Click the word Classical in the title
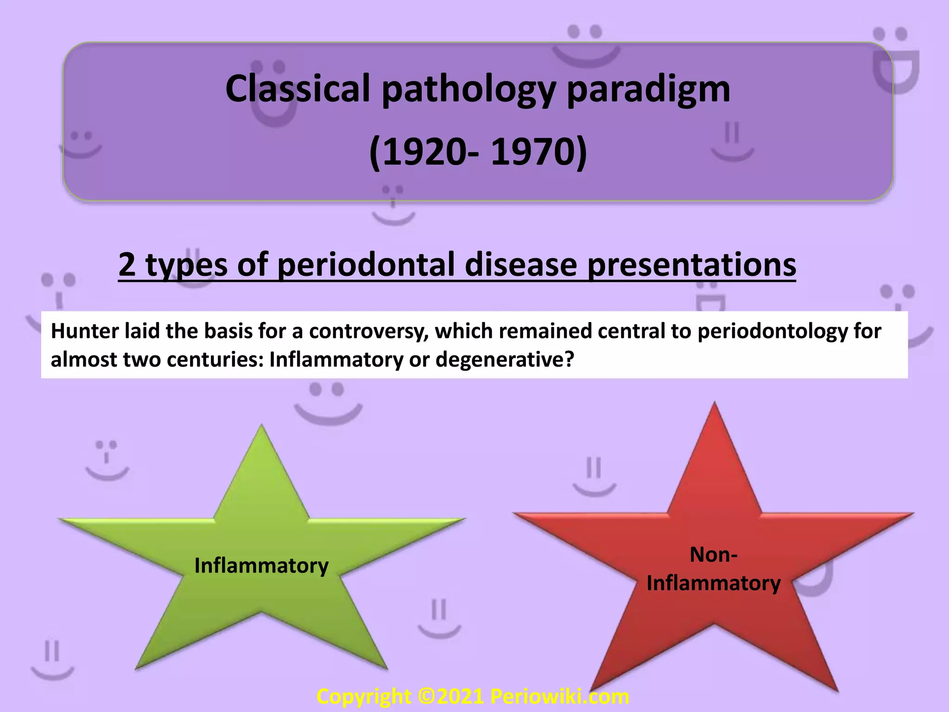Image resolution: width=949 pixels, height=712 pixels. tap(297, 89)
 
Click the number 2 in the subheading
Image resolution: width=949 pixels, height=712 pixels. tap(127, 264)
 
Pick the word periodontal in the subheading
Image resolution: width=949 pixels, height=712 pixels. tap(367, 265)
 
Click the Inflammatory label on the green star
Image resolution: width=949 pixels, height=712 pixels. tap(261, 566)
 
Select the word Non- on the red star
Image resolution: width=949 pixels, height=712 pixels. tap(714, 555)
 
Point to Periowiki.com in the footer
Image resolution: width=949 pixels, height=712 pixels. tap(559, 697)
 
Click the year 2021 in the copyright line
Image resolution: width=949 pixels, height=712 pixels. tap(460, 697)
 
